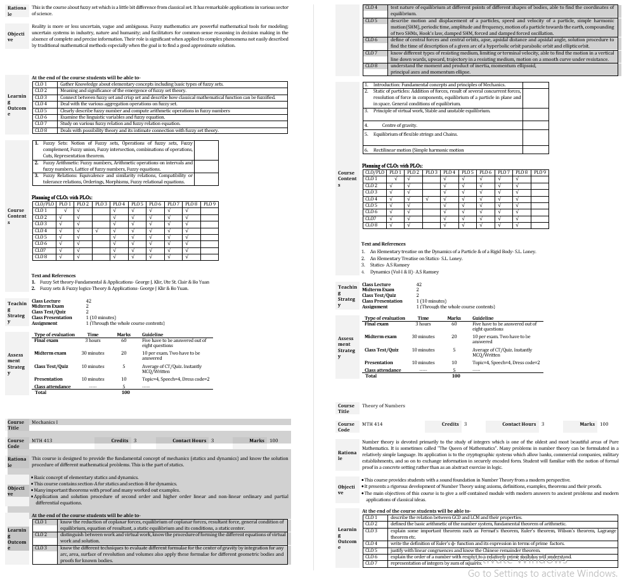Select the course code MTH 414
tap(372, 424)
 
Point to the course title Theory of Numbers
tap(383, 405)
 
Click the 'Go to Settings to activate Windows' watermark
tap(542, 573)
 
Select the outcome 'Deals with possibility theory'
tap(139, 130)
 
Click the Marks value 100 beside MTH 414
tap(604, 424)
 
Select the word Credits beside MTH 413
tap(120, 440)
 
